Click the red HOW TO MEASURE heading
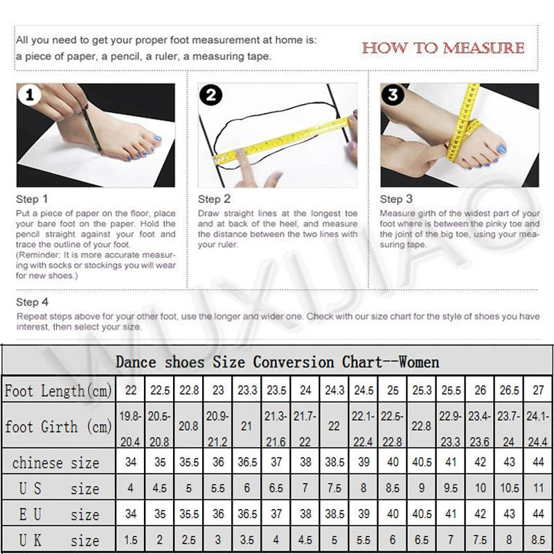click(x=443, y=48)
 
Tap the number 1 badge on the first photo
click(x=28, y=96)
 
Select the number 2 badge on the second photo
click(x=211, y=96)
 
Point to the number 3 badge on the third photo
click(x=393, y=96)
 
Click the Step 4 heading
click(x=33, y=302)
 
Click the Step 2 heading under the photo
click(x=214, y=199)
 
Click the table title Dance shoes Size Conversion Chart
click(x=277, y=361)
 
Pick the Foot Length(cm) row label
click(x=58, y=391)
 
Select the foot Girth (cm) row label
click(x=58, y=427)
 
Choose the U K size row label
click(x=58, y=540)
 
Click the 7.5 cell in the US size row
click(x=334, y=488)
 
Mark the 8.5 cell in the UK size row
click(x=538, y=540)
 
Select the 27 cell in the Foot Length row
click(x=538, y=391)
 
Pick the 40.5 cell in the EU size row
click(x=422, y=515)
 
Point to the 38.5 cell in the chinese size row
click(x=334, y=463)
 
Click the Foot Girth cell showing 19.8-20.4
click(x=130, y=427)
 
